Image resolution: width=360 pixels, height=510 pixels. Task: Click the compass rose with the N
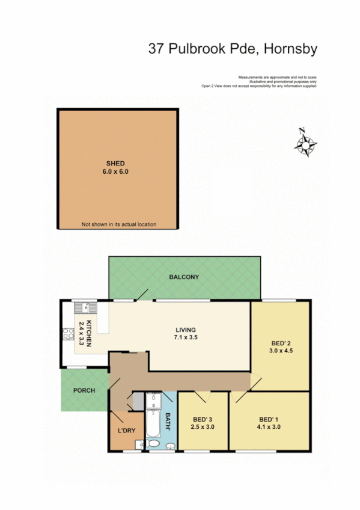(x=306, y=143)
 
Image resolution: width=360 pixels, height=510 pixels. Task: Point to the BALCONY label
(x=184, y=277)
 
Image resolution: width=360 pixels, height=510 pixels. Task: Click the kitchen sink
(x=86, y=308)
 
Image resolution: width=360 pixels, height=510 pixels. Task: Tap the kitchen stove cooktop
(x=66, y=334)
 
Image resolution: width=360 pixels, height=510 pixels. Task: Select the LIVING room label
(x=185, y=330)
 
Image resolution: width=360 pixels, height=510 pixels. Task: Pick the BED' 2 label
(x=281, y=343)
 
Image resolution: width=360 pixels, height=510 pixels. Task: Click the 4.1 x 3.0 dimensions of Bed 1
(x=269, y=427)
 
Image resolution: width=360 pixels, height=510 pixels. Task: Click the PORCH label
(x=84, y=390)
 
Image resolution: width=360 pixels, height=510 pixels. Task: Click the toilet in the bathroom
(x=154, y=444)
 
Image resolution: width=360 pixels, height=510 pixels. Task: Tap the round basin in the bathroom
(x=170, y=446)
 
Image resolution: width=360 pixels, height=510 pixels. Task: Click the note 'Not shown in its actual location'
(x=118, y=224)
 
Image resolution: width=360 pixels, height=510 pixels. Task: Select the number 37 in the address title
(x=157, y=49)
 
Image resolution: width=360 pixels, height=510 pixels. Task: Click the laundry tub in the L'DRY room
(x=139, y=444)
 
